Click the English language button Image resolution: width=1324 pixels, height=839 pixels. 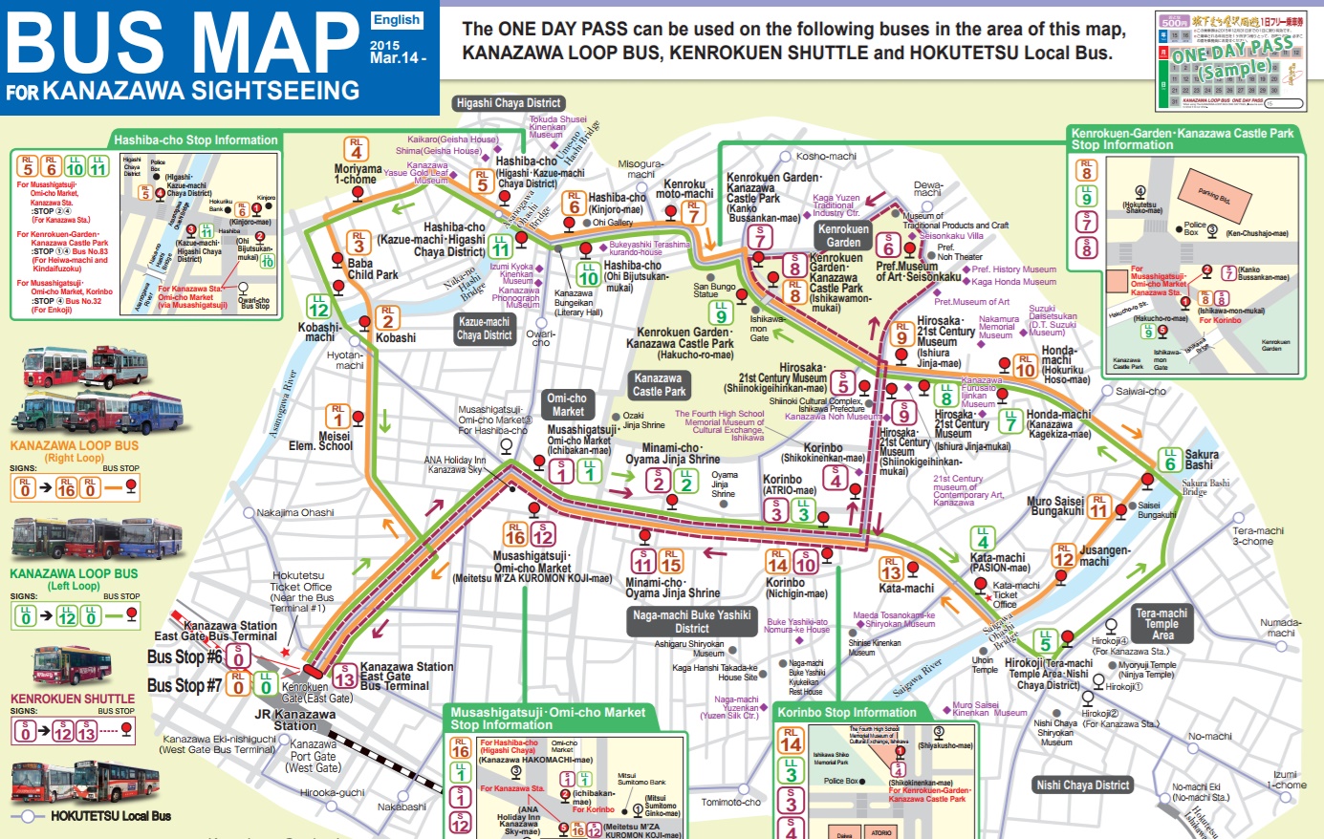(397, 19)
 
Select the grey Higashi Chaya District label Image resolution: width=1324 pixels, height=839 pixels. (508, 103)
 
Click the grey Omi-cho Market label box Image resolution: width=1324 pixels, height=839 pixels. (567, 404)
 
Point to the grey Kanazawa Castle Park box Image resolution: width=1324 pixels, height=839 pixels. (659, 384)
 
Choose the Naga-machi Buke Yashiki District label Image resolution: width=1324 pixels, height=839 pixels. (691, 622)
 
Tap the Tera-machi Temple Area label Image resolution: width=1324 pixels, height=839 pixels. (1161, 624)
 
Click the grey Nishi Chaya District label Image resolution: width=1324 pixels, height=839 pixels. (1083, 785)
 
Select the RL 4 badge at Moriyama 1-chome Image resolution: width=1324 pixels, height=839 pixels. (357, 149)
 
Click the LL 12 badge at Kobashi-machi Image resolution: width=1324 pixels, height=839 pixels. (318, 307)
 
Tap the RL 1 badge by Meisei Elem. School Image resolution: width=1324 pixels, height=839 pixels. (337, 416)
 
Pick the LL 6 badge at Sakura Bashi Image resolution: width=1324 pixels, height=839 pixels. (1170, 460)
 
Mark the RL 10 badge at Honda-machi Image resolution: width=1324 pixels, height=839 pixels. (1025, 367)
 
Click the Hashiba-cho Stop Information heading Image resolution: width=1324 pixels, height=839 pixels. (195, 140)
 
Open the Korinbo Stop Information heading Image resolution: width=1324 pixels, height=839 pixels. (846, 713)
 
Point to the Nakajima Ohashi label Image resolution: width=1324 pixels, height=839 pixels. (295, 513)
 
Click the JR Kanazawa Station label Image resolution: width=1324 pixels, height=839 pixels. (294, 720)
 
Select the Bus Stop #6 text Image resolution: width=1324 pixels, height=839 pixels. (184, 657)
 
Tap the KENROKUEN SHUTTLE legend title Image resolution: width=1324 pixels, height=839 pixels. (73, 699)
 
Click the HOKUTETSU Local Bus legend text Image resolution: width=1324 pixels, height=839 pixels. (111, 816)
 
